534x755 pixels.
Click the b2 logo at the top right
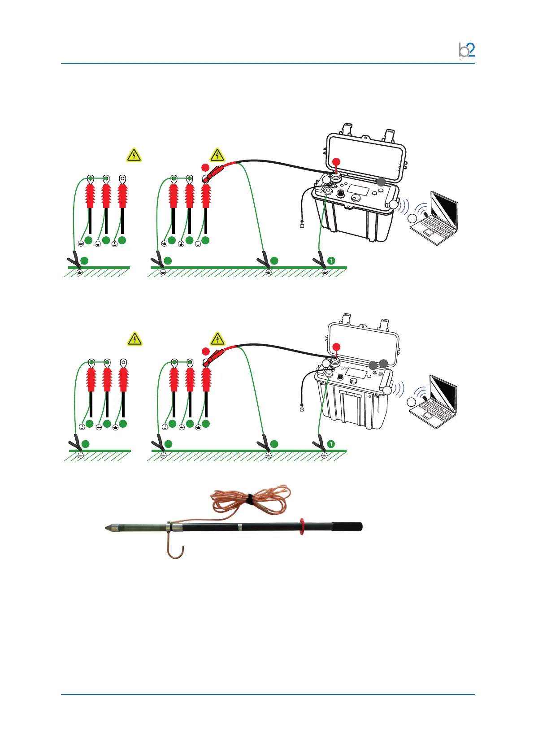467,50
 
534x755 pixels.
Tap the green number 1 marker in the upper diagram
331,260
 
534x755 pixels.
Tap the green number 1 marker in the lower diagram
331,444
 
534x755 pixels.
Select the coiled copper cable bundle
249,499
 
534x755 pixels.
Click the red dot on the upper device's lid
336,162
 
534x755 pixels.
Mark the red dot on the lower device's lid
336,347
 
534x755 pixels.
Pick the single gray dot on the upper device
380,182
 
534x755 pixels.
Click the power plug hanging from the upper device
302,225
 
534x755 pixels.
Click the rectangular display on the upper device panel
358,190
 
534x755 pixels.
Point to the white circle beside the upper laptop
412,219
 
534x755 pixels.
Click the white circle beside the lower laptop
412,402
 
